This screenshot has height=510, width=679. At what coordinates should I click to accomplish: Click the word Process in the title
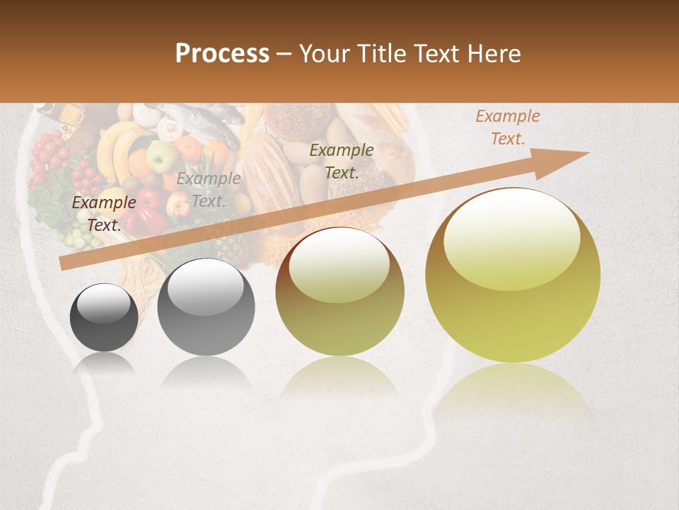click(x=222, y=54)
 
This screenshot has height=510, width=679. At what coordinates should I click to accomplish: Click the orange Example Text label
click(x=507, y=127)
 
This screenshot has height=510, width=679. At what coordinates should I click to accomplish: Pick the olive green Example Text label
click(x=342, y=161)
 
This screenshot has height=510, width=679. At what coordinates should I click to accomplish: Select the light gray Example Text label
click(x=208, y=190)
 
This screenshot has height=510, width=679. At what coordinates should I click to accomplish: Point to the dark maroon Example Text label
click(x=104, y=214)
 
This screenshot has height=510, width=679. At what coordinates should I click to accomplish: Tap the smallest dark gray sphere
click(x=104, y=317)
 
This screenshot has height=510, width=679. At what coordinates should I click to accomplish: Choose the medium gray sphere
click(x=206, y=307)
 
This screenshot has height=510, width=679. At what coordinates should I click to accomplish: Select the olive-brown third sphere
click(x=339, y=292)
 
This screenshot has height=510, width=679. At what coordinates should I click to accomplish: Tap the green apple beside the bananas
click(x=162, y=155)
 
